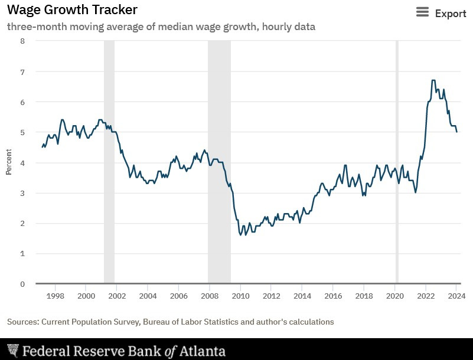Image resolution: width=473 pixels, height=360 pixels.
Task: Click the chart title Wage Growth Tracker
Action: pos(72,10)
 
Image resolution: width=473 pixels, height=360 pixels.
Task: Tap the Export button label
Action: pos(451,13)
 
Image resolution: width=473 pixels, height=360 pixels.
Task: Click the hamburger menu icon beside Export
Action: pos(422,12)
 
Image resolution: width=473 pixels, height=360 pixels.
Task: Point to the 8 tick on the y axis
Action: pos(22,41)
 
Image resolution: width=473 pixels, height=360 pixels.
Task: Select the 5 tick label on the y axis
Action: pos(22,132)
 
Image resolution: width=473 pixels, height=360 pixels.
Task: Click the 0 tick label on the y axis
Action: pos(22,284)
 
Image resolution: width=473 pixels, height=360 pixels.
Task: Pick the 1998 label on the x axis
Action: pos(55,295)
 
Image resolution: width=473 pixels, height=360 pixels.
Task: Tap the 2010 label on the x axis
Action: pos(240,295)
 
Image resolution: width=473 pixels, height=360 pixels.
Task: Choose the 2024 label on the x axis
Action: pos(456,295)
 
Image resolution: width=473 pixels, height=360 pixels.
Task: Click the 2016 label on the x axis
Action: pos(333,295)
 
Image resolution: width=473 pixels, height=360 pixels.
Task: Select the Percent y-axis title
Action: pos(9,162)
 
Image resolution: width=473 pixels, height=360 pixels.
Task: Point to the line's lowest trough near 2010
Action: pos(240,235)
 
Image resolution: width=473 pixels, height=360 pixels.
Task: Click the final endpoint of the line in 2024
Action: pos(456,132)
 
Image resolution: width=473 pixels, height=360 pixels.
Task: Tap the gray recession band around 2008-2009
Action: pos(219,162)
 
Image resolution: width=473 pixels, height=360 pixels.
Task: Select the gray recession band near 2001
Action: pos(109,162)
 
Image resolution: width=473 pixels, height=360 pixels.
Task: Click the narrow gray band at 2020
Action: pos(397,162)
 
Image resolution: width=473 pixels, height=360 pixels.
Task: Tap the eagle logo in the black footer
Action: pos(12,351)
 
